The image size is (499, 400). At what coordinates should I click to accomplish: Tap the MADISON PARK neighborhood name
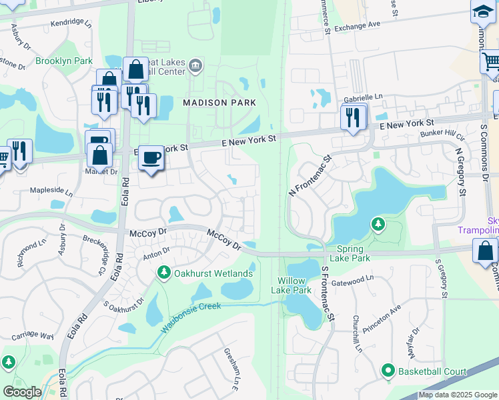[219, 103]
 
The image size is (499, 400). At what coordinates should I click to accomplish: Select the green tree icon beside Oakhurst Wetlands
[164, 273]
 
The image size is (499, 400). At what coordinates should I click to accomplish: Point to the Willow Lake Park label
[292, 285]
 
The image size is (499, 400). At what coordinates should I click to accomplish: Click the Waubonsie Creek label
[191, 317]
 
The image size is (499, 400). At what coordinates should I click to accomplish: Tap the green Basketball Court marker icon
[388, 370]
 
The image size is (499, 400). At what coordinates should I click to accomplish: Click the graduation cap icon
[482, 11]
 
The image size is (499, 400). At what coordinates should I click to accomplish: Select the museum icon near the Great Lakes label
[195, 65]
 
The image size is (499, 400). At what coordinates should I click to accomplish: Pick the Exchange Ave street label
[357, 24]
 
